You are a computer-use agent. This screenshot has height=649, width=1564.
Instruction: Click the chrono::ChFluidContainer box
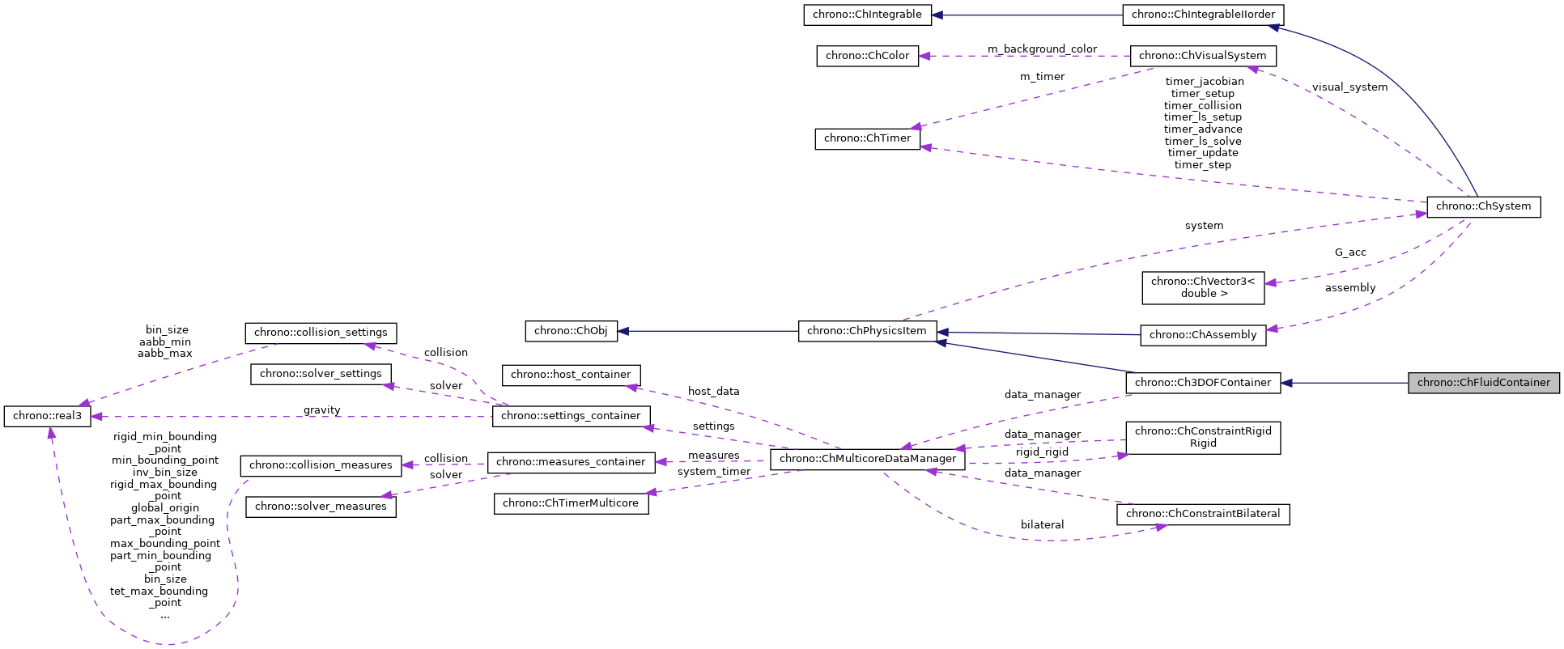pos(1483,383)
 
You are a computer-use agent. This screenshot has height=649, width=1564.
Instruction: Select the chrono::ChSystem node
pos(1483,206)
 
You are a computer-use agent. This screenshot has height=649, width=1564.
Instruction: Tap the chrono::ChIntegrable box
pos(867,15)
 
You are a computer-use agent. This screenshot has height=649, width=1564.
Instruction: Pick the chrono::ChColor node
pos(867,56)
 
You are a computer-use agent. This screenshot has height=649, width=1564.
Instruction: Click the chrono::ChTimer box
pos(867,138)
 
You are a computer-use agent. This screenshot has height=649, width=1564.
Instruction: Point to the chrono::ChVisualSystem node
pos(1202,56)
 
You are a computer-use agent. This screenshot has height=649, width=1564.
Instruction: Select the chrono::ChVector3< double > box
pos(1202,287)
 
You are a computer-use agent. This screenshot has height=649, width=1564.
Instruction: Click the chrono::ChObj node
pos(571,331)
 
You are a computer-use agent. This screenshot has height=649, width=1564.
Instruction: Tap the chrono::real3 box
pos(47,416)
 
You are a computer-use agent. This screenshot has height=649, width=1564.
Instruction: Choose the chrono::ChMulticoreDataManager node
pos(867,459)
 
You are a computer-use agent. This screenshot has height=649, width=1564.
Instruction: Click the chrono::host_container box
pos(571,375)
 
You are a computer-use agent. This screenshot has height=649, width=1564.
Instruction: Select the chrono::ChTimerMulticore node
pos(571,503)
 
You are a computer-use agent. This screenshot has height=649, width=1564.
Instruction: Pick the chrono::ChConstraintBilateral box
pos(1202,514)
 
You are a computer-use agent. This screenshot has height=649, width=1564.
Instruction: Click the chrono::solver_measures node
pos(321,507)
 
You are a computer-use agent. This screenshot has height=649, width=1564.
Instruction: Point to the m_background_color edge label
pos(1042,49)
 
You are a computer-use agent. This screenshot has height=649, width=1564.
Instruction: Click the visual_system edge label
pos(1349,87)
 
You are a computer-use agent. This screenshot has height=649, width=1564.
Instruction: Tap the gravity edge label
pos(321,410)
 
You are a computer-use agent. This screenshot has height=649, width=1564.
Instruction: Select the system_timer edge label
pos(713,472)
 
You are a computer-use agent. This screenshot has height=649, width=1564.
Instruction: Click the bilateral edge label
pos(1042,525)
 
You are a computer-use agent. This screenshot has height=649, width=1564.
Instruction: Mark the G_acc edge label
pos(1350,252)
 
